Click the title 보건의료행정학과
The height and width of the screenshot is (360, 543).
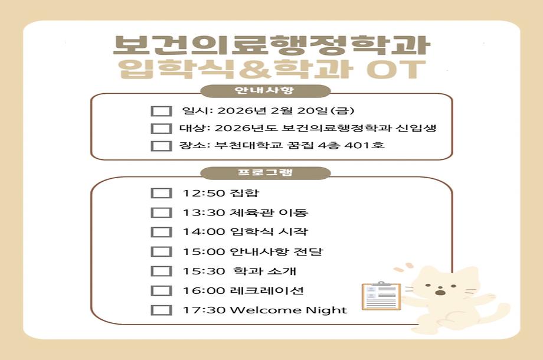[x=271, y=45]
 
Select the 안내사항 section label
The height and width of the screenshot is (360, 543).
[x=264, y=91]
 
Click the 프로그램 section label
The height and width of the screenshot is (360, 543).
[x=265, y=172]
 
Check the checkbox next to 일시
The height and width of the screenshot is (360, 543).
[x=161, y=111]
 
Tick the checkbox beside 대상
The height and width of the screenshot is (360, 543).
[x=161, y=129]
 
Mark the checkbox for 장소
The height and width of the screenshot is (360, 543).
[x=161, y=146]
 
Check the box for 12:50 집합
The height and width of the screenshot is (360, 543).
[x=161, y=193]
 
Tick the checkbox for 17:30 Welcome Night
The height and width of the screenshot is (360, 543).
[x=161, y=310]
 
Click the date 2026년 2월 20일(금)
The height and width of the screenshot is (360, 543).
[x=286, y=111]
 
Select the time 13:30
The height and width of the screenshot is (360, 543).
[x=204, y=212]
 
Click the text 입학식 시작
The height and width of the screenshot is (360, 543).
[x=269, y=231]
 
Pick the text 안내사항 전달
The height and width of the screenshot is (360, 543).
[x=276, y=251]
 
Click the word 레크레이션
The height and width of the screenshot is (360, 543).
[x=267, y=290]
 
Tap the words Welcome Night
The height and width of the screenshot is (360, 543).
[x=288, y=310]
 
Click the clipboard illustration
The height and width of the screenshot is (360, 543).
[x=381, y=296]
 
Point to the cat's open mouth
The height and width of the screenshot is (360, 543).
[x=440, y=293]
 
